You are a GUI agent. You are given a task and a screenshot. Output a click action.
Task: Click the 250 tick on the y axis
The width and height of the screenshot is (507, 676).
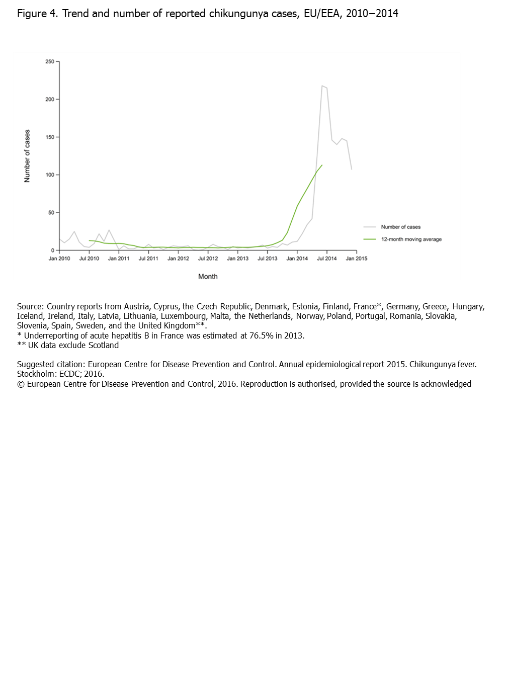(x=50, y=62)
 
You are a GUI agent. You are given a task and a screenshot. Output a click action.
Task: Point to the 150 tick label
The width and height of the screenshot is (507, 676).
(x=50, y=137)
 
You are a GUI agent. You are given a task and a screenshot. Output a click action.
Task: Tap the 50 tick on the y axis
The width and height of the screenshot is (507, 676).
(x=51, y=213)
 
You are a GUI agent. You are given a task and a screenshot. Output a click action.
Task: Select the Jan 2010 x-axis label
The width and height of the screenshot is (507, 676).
(x=59, y=259)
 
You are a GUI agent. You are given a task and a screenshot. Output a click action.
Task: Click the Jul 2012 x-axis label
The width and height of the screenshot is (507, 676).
(x=208, y=259)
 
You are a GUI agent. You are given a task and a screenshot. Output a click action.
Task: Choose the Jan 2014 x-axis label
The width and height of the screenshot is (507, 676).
(x=297, y=259)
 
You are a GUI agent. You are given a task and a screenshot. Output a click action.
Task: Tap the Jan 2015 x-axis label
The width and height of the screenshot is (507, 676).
(x=357, y=259)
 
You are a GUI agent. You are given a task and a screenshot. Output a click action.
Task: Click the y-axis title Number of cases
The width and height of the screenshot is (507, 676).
(x=27, y=156)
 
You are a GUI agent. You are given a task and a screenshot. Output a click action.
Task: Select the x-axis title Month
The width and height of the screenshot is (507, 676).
(x=208, y=277)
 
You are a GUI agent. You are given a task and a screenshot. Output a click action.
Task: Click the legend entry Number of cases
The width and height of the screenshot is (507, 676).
(x=400, y=227)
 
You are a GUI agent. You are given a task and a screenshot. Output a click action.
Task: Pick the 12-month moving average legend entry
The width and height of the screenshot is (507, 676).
(x=411, y=239)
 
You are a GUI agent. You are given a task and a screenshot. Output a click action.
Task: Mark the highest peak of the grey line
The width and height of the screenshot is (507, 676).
(x=322, y=86)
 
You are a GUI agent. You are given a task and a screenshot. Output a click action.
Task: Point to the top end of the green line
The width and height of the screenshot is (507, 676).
(x=322, y=165)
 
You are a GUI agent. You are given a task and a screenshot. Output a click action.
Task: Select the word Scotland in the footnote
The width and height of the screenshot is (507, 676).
(x=104, y=345)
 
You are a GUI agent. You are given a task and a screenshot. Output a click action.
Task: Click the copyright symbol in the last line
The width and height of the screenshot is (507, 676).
(x=21, y=384)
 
